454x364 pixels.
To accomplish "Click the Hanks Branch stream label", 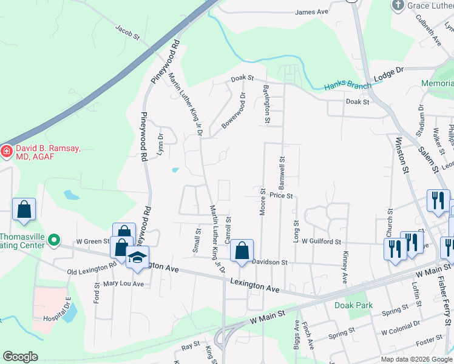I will [x=347, y=86].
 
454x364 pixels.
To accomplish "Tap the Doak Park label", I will [x=353, y=305].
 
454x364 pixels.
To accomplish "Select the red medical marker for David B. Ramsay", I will [x=6, y=150].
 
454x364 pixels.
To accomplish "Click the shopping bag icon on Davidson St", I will [x=242, y=251].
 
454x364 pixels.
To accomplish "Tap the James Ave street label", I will [x=311, y=12].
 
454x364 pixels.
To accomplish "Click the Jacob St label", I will [x=127, y=32].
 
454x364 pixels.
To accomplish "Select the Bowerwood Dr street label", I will [x=234, y=110].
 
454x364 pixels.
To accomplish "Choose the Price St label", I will [x=282, y=196].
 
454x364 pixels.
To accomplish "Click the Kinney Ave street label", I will [x=345, y=268].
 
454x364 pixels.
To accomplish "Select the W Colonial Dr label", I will [x=401, y=332].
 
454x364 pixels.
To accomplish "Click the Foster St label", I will [x=429, y=341].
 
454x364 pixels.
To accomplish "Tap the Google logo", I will [x=20, y=357].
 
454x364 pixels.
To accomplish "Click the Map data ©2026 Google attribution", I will [x=416, y=359].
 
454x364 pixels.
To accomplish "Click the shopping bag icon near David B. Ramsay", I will [x=24, y=210].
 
